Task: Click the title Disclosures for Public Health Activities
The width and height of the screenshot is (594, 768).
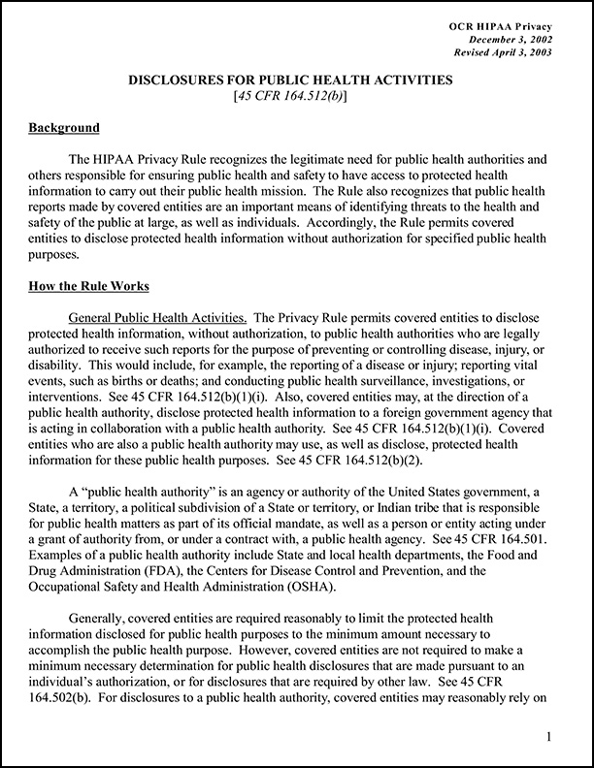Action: [296, 81]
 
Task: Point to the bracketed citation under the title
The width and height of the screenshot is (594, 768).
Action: [296, 97]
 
